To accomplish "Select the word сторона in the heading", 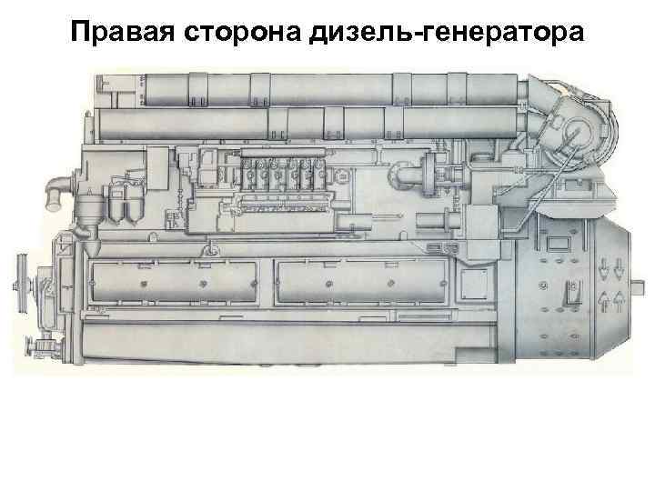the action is pos(242,34).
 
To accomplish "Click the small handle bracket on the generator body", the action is pos(572,294).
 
